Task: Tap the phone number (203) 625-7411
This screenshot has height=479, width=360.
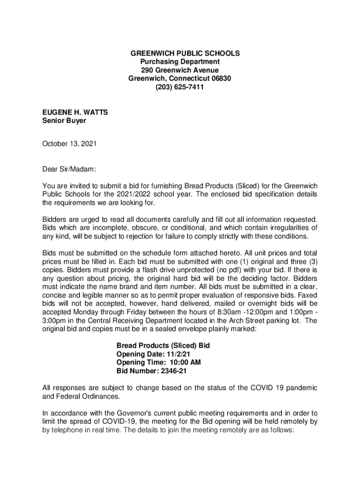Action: pos(180,87)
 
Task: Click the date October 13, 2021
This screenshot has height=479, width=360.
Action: pos(69,144)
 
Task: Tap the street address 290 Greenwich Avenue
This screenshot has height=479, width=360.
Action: pos(180,70)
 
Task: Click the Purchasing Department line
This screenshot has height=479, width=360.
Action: pos(180,62)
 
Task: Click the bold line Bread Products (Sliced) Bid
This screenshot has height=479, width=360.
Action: pos(163,346)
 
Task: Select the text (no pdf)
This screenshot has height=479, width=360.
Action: pos(225,270)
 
